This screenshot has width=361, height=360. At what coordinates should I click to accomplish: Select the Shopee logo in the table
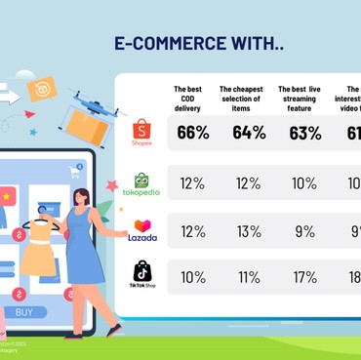click(142, 133)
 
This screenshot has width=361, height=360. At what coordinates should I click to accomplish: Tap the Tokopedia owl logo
click(142, 183)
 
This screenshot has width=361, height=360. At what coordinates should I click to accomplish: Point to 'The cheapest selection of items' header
click(242, 101)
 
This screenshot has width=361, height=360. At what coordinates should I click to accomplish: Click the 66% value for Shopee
click(193, 133)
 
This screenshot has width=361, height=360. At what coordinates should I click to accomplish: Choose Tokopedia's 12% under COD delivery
click(193, 183)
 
